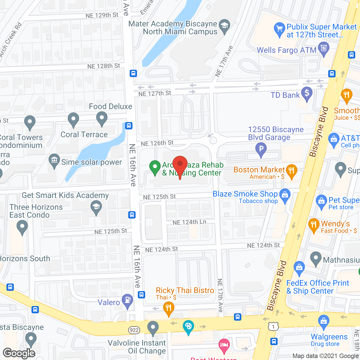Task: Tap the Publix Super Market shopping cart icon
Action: click(x=279, y=29)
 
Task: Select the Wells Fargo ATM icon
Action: click(x=323, y=49)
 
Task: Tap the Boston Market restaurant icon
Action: click(x=291, y=171)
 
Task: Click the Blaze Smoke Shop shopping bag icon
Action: click(x=285, y=195)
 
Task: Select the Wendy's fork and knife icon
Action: click(x=314, y=225)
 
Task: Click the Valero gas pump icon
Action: click(x=127, y=300)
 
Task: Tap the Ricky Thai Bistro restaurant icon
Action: click(x=168, y=308)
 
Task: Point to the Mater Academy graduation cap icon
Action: click(x=224, y=26)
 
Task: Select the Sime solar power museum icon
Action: click(x=54, y=161)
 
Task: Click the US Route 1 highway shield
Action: click(x=273, y=326)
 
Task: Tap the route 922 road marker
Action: click(x=134, y=330)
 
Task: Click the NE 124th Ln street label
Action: click(x=189, y=222)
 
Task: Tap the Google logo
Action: click(x=19, y=353)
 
